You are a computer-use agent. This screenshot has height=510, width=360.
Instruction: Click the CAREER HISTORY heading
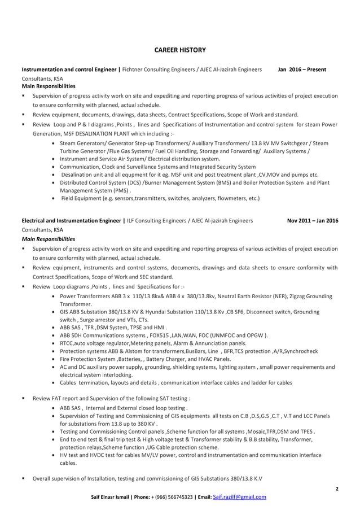180,50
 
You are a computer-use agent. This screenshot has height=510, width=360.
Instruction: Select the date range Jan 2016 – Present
302,69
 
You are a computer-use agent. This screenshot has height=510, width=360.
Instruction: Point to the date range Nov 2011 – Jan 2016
313,221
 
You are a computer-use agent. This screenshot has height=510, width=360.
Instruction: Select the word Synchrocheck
299,351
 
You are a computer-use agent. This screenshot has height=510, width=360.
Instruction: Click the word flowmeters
224,199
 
